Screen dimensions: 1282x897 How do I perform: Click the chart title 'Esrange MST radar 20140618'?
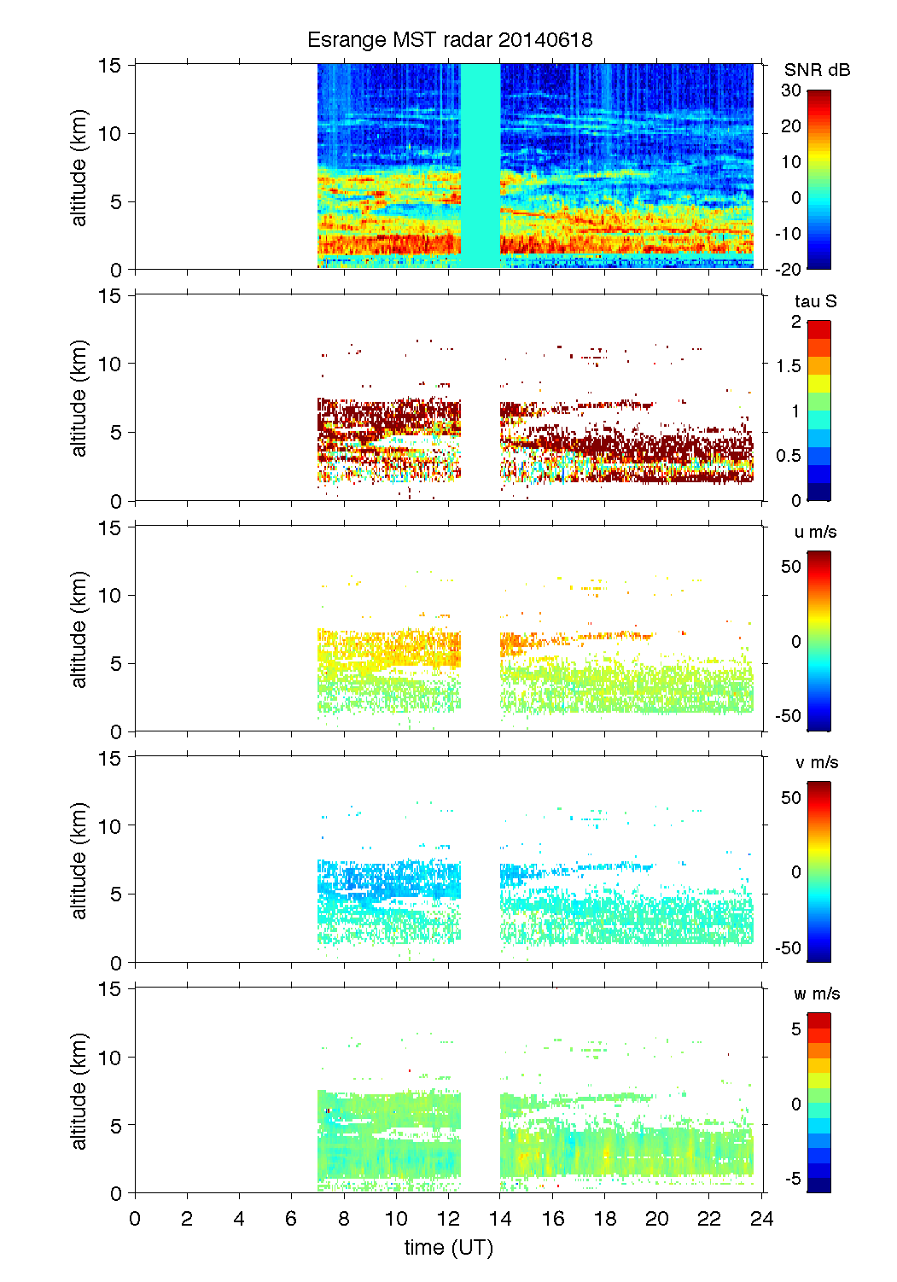click(x=449, y=40)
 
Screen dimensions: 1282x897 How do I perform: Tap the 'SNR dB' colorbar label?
click(x=817, y=70)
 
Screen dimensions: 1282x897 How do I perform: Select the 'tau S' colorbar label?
click(x=815, y=301)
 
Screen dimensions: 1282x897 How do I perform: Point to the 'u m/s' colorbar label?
click(x=815, y=532)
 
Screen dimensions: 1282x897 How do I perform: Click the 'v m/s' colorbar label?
click(x=816, y=762)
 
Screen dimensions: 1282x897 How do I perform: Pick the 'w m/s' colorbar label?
click(x=816, y=994)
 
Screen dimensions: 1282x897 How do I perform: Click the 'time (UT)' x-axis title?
click(x=449, y=1247)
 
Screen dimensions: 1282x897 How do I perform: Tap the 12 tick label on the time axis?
click(x=449, y=1218)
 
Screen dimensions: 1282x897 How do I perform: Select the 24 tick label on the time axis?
click(x=762, y=1218)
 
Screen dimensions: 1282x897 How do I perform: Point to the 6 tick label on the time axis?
click(x=292, y=1218)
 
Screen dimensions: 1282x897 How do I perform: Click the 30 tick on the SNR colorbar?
click(x=791, y=90)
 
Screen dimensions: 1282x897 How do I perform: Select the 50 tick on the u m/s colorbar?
click(x=791, y=567)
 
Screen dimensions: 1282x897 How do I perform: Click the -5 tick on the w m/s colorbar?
click(x=793, y=1179)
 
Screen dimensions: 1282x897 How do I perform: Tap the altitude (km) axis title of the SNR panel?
click(x=79, y=167)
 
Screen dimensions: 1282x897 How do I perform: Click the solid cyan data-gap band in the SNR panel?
click(x=481, y=166)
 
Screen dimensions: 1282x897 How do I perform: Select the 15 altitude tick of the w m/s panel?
click(x=110, y=988)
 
